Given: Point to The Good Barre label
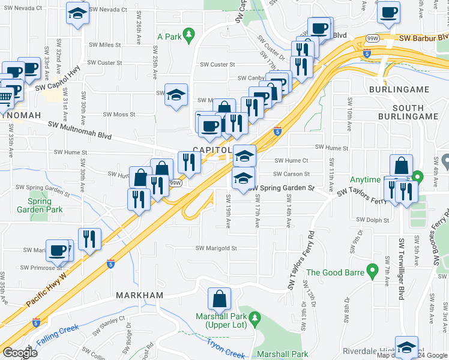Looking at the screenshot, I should [336, 272].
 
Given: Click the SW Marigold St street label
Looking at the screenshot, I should [217, 248].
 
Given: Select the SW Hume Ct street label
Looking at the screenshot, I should [291, 161].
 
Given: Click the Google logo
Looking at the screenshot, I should [19, 352].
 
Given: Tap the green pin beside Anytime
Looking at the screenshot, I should [418, 177].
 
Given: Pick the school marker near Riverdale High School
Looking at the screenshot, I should [406, 347].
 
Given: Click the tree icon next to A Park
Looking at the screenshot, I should [189, 34].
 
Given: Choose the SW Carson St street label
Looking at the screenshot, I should [291, 175].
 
